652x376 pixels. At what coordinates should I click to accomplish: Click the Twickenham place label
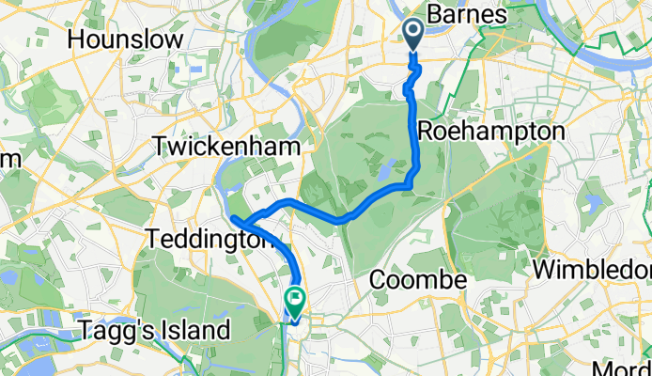tap(229, 148)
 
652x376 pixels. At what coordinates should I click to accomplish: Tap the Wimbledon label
tap(592, 269)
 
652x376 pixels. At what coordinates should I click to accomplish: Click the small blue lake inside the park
tap(385, 170)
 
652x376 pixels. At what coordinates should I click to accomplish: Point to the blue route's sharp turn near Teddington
tap(234, 220)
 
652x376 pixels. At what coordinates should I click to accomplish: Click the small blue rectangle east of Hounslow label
tap(194, 69)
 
